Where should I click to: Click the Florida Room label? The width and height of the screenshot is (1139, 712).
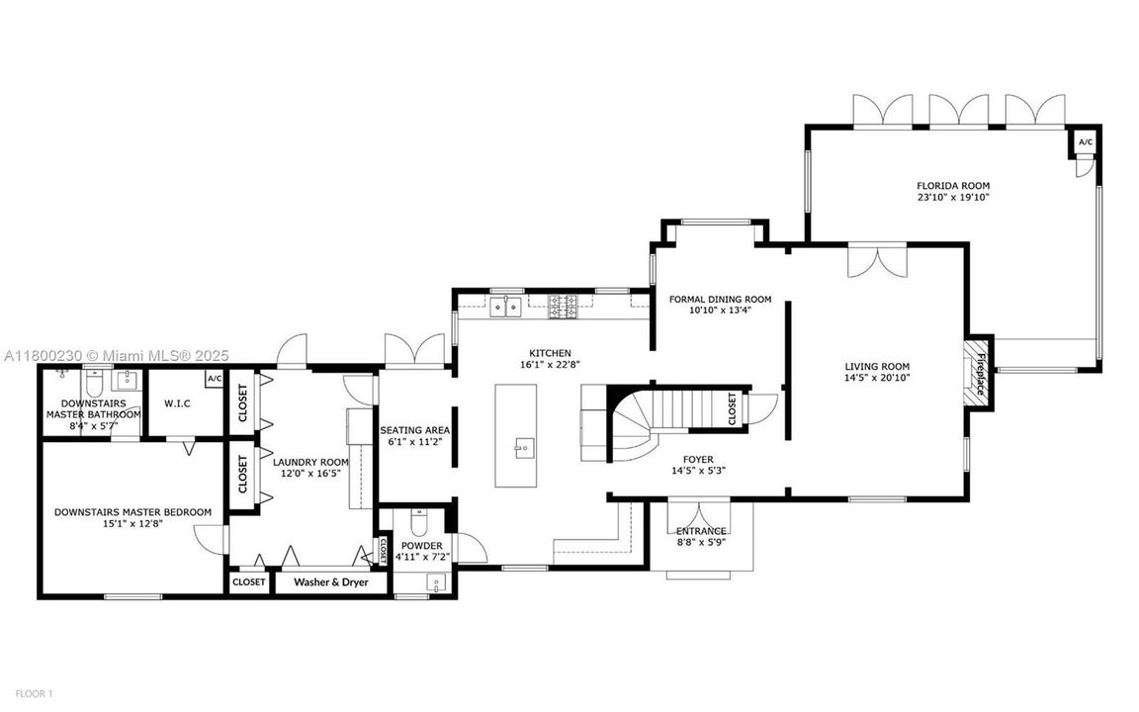pos(952,186)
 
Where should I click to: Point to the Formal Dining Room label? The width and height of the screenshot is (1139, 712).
pos(720,299)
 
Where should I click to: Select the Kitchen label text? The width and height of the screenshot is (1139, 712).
pos(550,353)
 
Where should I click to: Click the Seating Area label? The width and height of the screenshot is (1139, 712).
pos(415,430)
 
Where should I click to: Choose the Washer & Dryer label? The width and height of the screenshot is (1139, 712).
pos(330,582)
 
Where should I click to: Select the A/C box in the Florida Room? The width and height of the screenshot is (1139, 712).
pos(1085,142)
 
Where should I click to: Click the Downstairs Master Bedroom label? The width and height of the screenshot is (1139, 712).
pos(131,511)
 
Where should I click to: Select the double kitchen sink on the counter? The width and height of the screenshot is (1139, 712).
pos(506,307)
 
